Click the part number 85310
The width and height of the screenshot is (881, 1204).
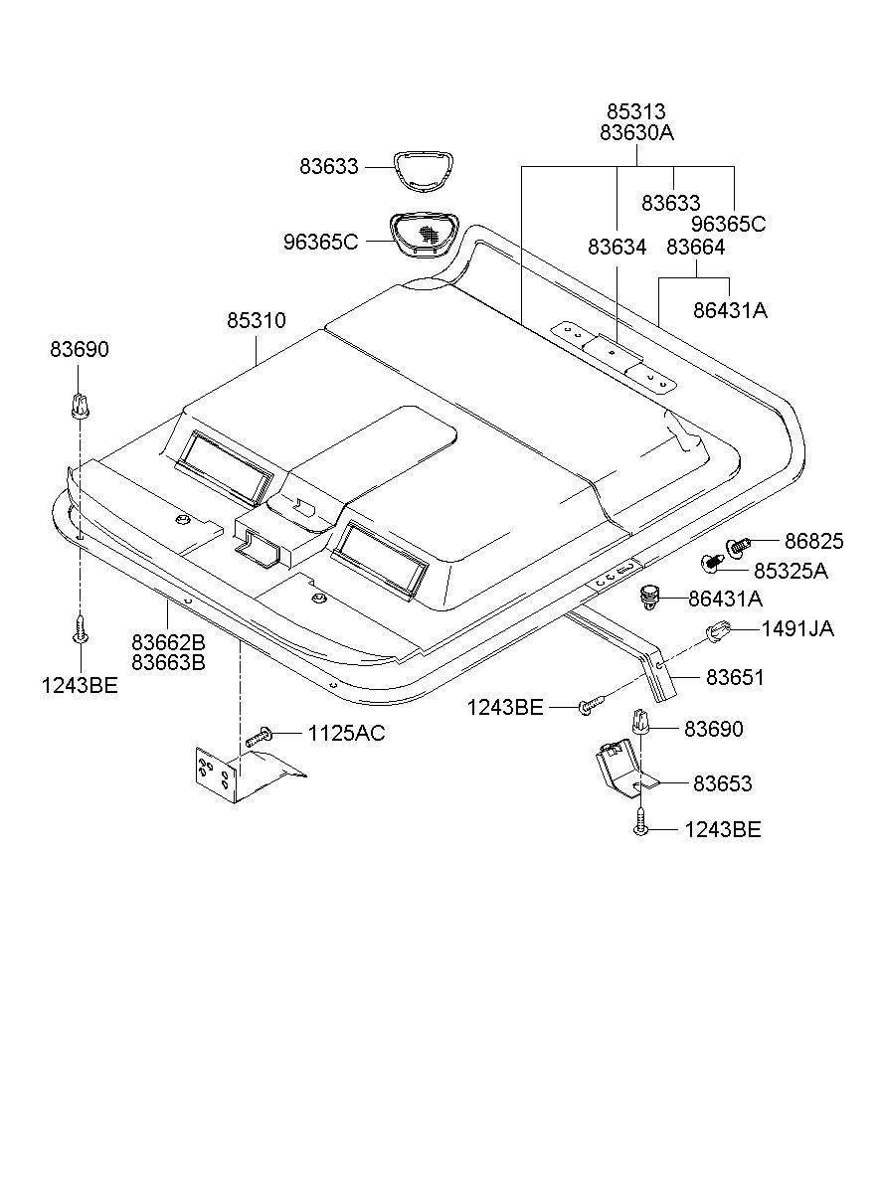pyautogui.click(x=256, y=321)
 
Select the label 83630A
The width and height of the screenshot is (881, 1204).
pyautogui.click(x=636, y=132)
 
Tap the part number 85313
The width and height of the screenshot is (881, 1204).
pyautogui.click(x=636, y=111)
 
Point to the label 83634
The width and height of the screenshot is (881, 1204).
pyautogui.click(x=617, y=248)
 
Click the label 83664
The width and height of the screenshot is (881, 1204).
pyautogui.click(x=696, y=248)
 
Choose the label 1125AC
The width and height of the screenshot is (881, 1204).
pyautogui.click(x=346, y=733)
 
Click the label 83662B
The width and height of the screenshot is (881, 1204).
pyautogui.click(x=168, y=642)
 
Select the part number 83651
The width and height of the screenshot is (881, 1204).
pyautogui.click(x=735, y=677)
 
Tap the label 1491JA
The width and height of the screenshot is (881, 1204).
pyautogui.click(x=797, y=628)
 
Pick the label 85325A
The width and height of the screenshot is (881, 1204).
pyautogui.click(x=791, y=571)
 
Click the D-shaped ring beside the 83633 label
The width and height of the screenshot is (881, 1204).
pyautogui.click(x=423, y=171)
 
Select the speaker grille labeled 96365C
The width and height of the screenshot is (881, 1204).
pyautogui.click(x=422, y=235)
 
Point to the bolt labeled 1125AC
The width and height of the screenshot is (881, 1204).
pyautogui.click(x=259, y=737)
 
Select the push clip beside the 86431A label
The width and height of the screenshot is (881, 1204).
pyautogui.click(x=648, y=598)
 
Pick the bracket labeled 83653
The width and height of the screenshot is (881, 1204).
pyautogui.click(x=624, y=770)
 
